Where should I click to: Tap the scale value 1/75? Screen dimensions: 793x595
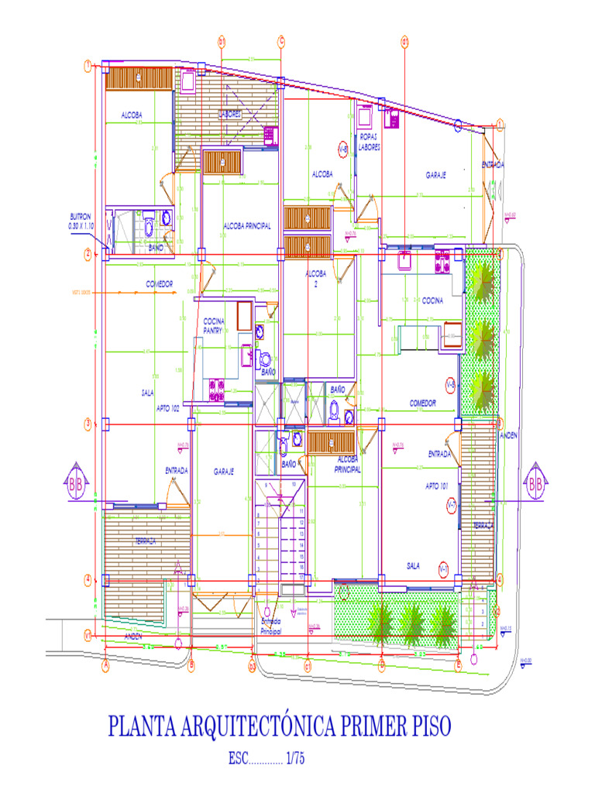[x=295, y=759]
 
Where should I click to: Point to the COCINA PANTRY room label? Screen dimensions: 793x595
[x=213, y=326]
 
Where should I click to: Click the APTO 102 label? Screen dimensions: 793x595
[x=174, y=407]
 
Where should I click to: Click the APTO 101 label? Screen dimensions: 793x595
[x=437, y=486]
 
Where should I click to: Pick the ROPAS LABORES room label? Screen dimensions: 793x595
[x=369, y=142]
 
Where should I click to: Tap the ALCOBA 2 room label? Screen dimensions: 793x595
[x=316, y=278]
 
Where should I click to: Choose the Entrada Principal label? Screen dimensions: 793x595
[x=271, y=625]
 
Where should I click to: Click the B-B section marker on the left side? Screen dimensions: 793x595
[x=76, y=486]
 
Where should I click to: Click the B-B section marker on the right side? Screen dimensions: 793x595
[x=535, y=486]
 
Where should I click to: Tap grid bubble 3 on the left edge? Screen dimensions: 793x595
[x=88, y=424]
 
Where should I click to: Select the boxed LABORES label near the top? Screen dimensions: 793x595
[x=230, y=113]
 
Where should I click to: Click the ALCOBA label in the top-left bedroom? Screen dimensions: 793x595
[x=132, y=115]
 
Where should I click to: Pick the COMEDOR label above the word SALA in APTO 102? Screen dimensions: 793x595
[x=160, y=284]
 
